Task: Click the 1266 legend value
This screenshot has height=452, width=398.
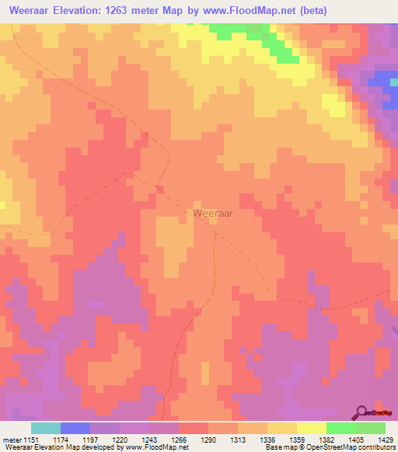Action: point(180,439)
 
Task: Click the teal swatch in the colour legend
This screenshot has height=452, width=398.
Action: point(45,428)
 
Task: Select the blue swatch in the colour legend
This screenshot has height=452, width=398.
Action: point(75,428)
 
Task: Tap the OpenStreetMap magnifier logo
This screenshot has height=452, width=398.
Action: point(361,412)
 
